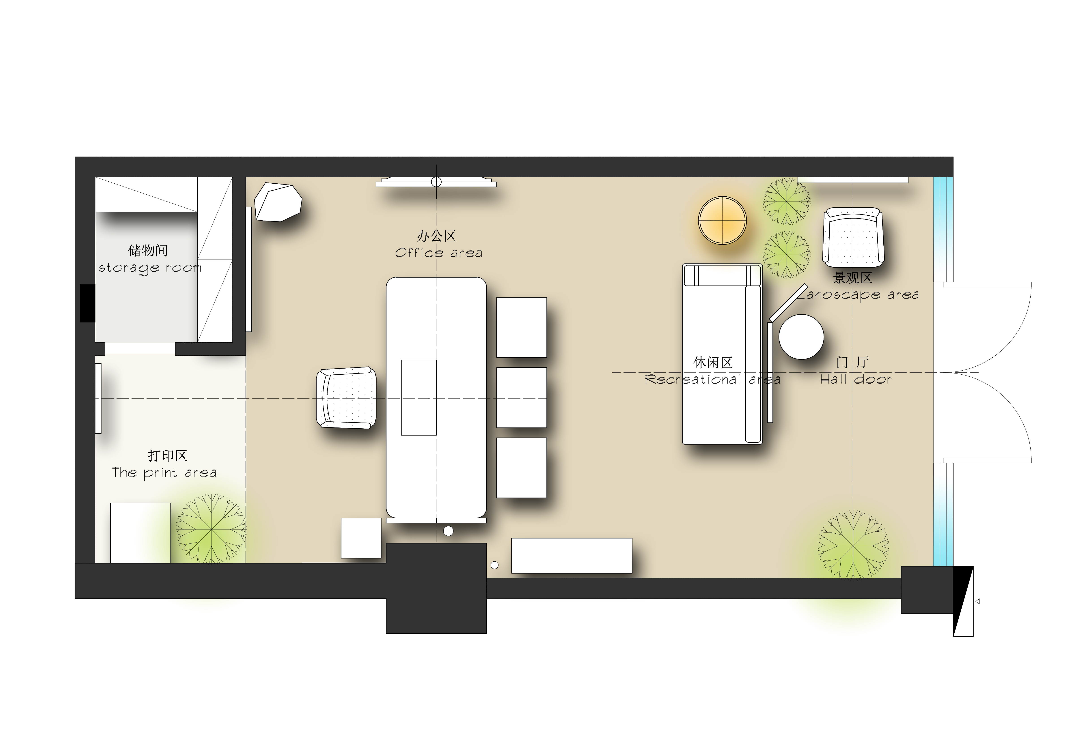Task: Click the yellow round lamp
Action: [722, 220]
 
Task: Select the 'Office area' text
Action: [438, 253]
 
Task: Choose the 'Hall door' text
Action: [856, 379]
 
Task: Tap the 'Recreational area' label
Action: [712, 379]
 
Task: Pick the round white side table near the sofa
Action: [801, 337]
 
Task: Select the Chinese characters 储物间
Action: [148, 251]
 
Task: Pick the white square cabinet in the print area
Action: [140, 533]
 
